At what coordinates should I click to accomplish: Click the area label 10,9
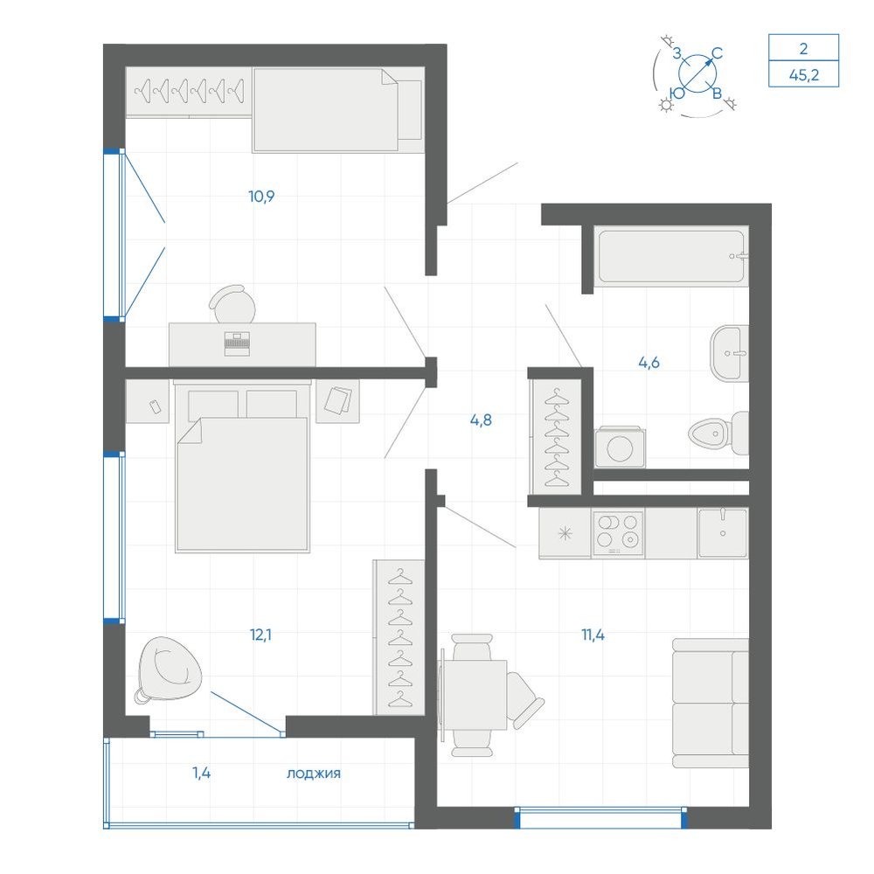click(261, 196)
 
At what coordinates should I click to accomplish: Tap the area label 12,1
click(260, 635)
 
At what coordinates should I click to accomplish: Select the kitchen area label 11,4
click(593, 635)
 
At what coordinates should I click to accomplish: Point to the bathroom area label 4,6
click(649, 363)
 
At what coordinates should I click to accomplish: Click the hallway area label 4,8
click(481, 420)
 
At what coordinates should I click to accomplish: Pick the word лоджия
click(313, 773)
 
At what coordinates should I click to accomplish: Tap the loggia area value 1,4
click(201, 773)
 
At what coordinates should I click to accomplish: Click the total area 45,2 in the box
click(804, 74)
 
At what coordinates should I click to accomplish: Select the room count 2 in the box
click(803, 48)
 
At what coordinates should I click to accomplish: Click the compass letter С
click(718, 53)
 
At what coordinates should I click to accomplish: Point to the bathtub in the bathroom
click(670, 256)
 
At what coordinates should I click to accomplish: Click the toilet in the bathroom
click(718, 434)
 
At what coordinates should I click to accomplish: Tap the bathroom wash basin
click(729, 353)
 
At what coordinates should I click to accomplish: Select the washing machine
click(620, 447)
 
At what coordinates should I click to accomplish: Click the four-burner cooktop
click(618, 533)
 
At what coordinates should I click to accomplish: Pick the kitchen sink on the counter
click(723, 532)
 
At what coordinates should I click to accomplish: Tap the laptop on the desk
click(237, 343)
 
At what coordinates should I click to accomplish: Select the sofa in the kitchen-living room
click(710, 704)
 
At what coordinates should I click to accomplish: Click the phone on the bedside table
click(156, 407)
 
